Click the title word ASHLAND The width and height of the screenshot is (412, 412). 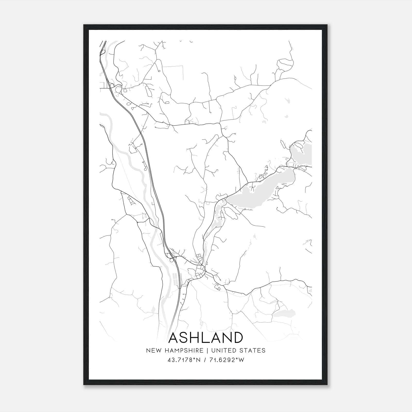point(205,338)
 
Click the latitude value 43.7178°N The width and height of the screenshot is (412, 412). point(184,360)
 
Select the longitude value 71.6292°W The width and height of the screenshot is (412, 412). point(227,360)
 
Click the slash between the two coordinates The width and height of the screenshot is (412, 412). point(205,360)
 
